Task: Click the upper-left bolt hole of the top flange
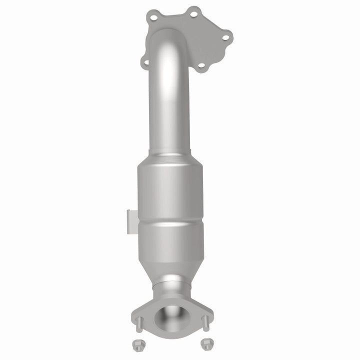tap(153, 18)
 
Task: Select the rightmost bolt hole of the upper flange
tap(225, 36)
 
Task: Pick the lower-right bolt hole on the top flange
tap(201, 65)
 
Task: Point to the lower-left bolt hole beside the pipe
tap(145, 63)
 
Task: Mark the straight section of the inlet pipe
tap(169, 110)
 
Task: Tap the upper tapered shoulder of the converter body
tap(170, 161)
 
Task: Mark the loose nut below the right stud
tap(204, 343)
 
